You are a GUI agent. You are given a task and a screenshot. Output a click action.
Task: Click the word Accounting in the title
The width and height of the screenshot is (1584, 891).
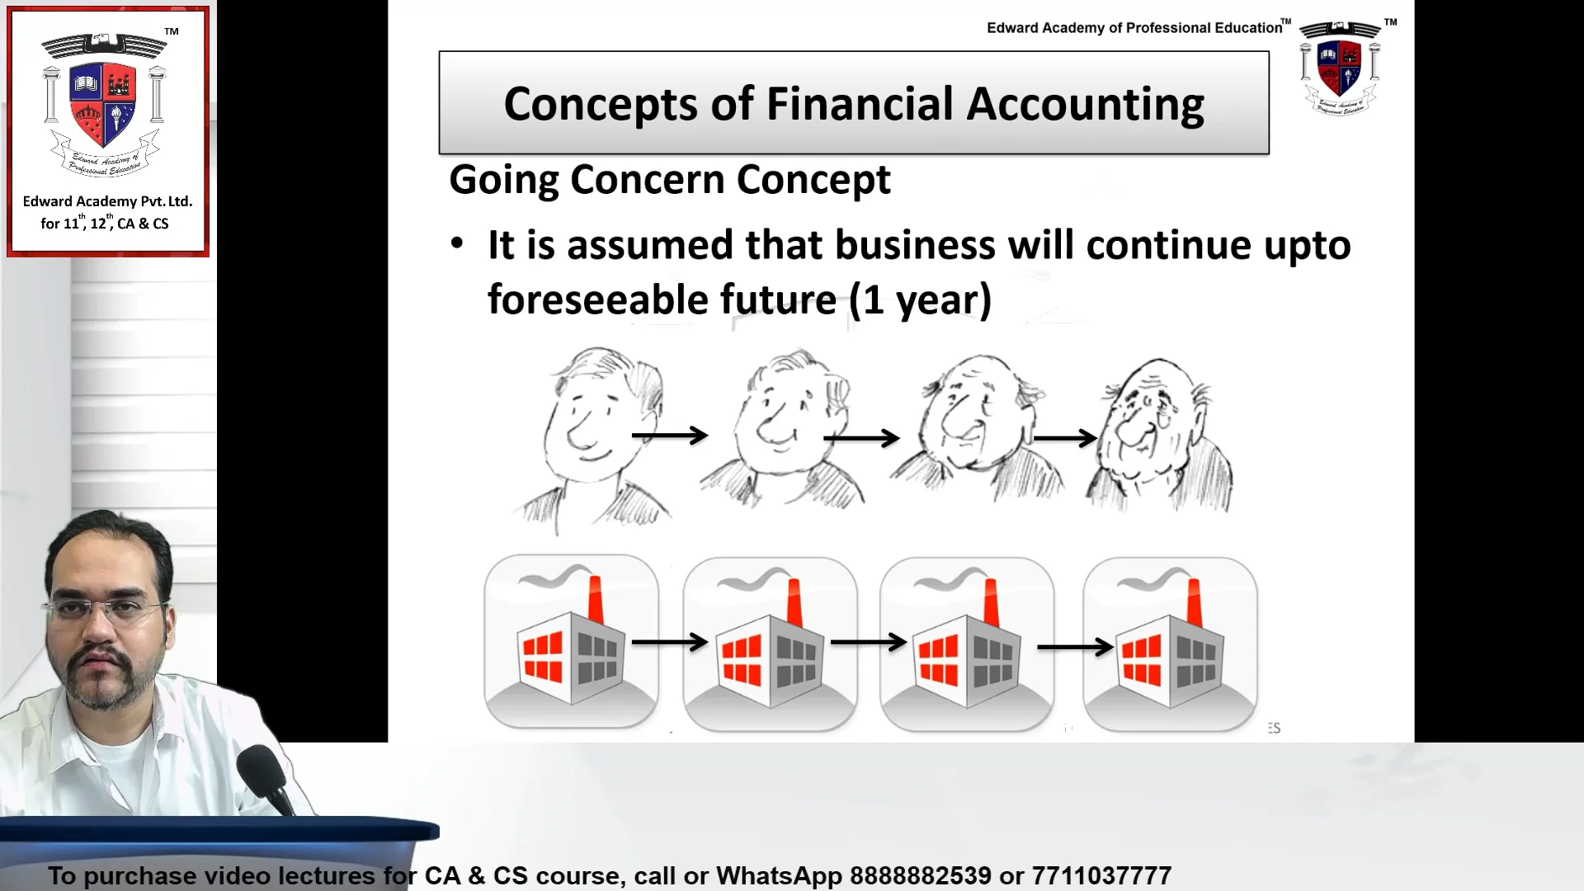click(1085, 105)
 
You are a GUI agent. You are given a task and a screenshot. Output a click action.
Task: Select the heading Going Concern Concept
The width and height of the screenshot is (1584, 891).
click(669, 180)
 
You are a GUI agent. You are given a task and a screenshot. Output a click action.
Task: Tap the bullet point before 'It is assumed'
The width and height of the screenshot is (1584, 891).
click(457, 244)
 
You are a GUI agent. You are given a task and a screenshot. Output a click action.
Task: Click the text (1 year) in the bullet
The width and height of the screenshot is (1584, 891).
click(920, 299)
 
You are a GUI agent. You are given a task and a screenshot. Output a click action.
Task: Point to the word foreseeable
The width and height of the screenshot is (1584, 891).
click(662, 299)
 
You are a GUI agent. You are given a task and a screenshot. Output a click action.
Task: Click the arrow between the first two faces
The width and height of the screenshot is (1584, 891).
click(669, 435)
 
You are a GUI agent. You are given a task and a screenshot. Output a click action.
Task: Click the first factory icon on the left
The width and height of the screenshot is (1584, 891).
click(571, 642)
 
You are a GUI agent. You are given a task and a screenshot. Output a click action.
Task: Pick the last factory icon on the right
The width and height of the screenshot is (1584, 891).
click(1170, 643)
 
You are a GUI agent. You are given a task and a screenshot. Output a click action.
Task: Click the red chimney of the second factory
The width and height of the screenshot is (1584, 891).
click(794, 602)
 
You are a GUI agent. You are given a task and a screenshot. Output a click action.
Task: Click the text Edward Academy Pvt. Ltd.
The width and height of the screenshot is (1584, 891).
click(107, 201)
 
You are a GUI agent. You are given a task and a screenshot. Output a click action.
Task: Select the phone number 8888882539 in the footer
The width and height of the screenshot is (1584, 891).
click(921, 875)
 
